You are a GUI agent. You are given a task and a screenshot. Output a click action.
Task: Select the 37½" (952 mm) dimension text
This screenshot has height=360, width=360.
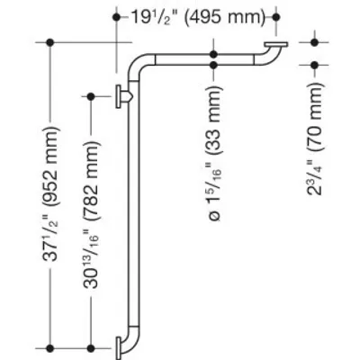click(x=50, y=194)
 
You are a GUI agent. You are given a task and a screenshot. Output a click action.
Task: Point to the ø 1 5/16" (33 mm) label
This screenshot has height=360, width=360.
click(x=214, y=153)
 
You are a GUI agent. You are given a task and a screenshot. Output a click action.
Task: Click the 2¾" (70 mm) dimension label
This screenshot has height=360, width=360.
click(x=315, y=139)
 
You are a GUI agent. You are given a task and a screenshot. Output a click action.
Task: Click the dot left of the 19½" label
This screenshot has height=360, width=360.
click(x=116, y=17)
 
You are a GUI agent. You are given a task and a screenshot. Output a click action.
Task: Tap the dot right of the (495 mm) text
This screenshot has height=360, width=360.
click(x=276, y=17)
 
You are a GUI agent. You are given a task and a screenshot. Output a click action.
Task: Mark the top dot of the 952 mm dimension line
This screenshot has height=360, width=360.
click(x=50, y=42)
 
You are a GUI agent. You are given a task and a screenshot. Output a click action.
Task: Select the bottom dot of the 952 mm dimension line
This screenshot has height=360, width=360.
click(x=50, y=348)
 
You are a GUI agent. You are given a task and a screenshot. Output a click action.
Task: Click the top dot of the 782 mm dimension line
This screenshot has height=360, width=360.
click(x=91, y=96)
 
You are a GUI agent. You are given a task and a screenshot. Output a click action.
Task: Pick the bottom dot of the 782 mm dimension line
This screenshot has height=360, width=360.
click(x=91, y=348)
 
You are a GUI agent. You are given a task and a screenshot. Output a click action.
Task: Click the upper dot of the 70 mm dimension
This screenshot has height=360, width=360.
click(x=314, y=42)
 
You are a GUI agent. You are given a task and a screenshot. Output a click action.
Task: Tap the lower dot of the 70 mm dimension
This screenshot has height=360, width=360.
click(x=314, y=65)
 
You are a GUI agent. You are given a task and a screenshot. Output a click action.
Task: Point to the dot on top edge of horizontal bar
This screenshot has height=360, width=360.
click(x=213, y=54)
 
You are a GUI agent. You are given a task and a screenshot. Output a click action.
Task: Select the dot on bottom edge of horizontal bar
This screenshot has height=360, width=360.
click(x=213, y=65)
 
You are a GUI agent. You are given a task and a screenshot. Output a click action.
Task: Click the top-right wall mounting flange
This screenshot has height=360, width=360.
click(x=276, y=44)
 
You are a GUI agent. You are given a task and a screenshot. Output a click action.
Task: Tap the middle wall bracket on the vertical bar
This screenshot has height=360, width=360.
click(x=122, y=96)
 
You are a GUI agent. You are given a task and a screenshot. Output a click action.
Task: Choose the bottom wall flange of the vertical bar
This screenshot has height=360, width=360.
click(x=119, y=348)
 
